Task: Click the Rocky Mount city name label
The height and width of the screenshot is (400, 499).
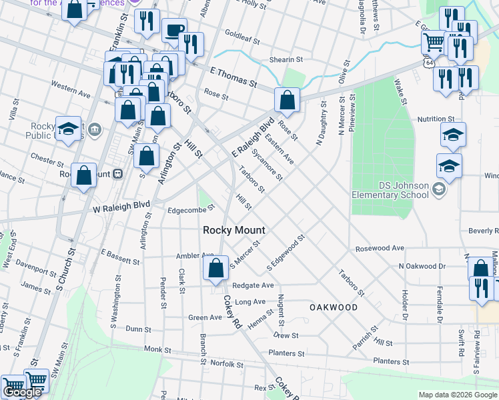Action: [x=233, y=230]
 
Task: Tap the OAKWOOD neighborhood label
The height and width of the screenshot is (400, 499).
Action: [x=334, y=307]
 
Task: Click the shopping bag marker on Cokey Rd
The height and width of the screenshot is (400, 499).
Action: [x=215, y=269]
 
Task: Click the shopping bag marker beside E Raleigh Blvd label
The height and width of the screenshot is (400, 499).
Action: [x=286, y=101]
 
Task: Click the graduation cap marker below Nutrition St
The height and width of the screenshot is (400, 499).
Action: [x=452, y=135]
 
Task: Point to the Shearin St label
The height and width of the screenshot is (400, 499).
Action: [x=286, y=59]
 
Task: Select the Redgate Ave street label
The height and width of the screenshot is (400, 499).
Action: [x=254, y=285]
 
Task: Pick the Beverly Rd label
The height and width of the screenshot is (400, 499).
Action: [x=483, y=231]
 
